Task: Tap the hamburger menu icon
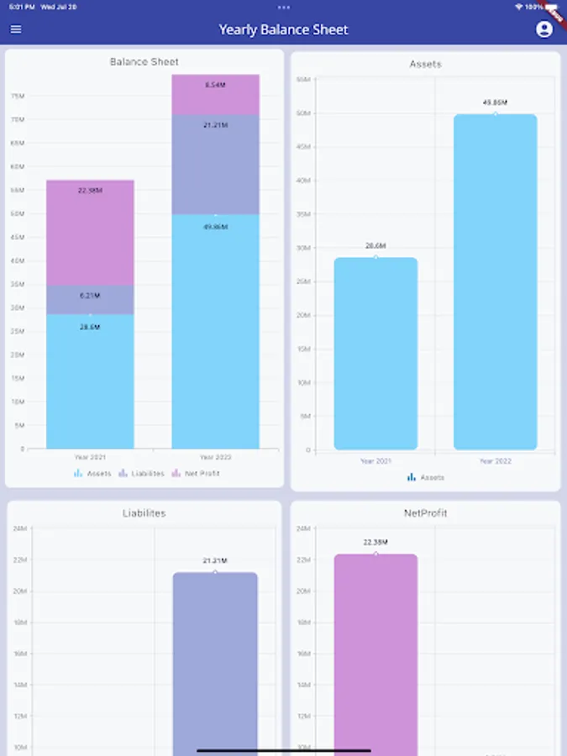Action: (x=16, y=29)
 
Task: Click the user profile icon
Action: (x=544, y=29)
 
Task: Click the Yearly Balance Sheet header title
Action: (x=283, y=29)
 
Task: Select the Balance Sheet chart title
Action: (x=144, y=61)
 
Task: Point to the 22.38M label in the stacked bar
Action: (x=90, y=191)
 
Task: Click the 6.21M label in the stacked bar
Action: (x=90, y=296)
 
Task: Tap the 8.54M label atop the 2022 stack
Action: (x=215, y=85)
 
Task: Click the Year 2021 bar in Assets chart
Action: (x=375, y=353)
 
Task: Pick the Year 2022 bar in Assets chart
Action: (x=495, y=281)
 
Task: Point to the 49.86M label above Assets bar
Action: (x=495, y=103)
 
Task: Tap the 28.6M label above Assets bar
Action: (x=375, y=246)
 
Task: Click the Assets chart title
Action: (x=425, y=64)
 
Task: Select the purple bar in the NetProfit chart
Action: (x=375, y=655)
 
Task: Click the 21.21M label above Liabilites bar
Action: (x=215, y=560)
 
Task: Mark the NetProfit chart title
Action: (x=425, y=512)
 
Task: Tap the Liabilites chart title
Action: (x=144, y=512)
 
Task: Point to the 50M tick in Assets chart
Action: (x=303, y=113)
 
